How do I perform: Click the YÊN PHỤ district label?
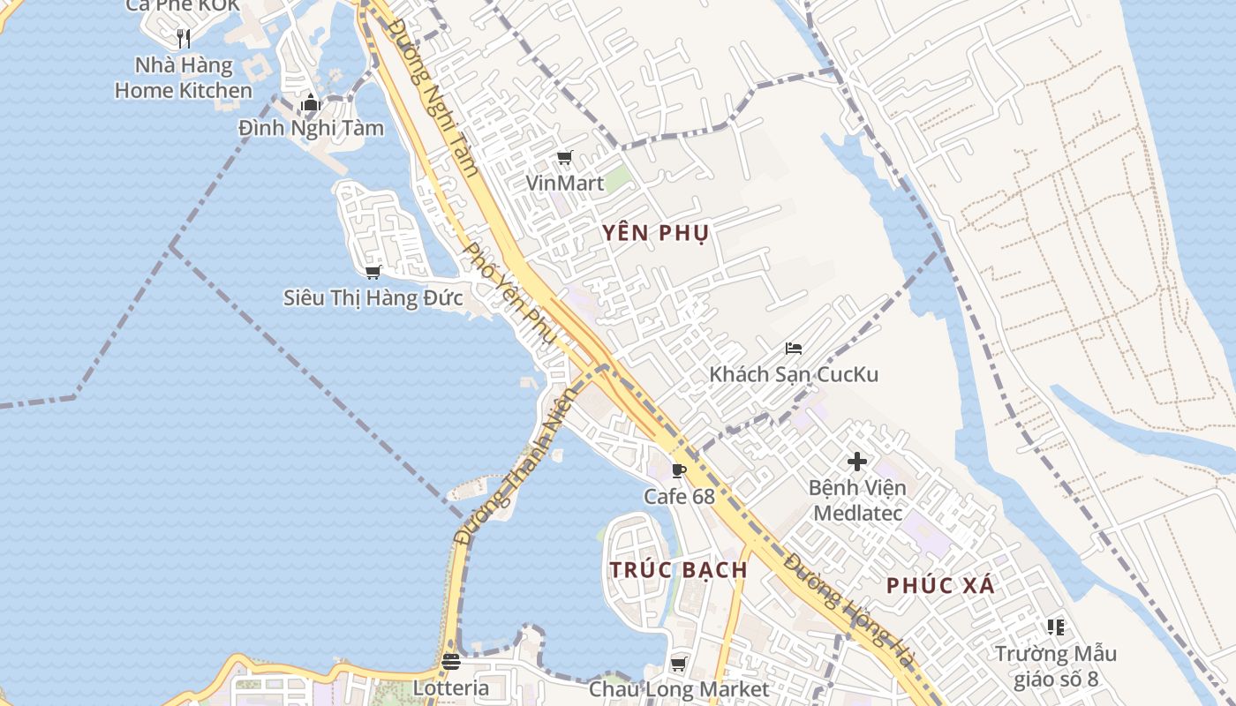point(656,233)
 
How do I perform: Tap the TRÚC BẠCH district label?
point(679,569)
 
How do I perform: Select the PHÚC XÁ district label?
point(940,585)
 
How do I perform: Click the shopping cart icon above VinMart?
point(565,158)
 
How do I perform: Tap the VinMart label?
point(565,184)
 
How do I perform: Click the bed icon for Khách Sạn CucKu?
point(794,349)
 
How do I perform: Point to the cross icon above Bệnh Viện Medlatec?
point(856,461)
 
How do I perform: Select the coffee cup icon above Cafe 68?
point(679,470)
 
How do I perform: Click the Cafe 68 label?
point(679,496)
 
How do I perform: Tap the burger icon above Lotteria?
point(451,661)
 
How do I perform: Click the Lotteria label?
point(451,687)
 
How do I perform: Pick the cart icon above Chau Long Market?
point(679,664)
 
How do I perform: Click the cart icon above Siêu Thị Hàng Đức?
point(373,272)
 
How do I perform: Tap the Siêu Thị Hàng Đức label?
point(373,298)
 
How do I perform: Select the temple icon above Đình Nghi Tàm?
point(310,103)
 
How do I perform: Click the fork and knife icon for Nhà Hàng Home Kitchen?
point(184,38)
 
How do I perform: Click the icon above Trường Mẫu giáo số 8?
point(1056,627)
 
